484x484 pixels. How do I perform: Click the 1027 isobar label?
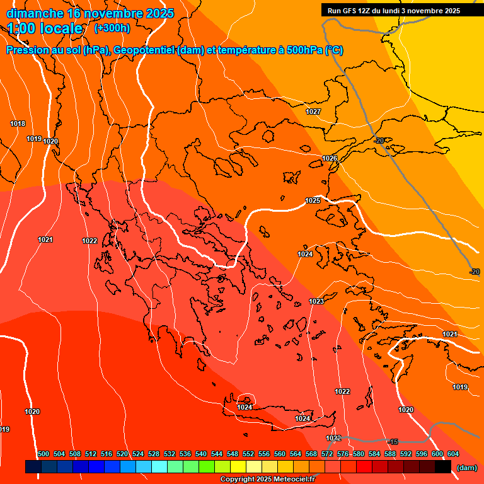point(313,112)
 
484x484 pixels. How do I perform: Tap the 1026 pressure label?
point(330,158)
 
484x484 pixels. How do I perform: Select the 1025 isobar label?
point(313,200)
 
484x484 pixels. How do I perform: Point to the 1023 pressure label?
point(316,302)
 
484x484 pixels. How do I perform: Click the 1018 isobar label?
point(18,124)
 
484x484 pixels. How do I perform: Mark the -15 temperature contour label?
point(393,441)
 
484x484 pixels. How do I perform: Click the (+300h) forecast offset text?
point(112,28)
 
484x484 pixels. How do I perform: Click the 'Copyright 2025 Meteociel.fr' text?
point(267,480)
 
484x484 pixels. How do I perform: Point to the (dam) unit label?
point(466,468)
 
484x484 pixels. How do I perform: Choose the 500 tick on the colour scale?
point(43,454)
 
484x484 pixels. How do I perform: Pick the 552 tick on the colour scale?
point(248,454)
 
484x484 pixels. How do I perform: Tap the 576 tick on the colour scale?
point(343,454)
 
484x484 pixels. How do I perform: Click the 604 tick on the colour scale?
point(452,454)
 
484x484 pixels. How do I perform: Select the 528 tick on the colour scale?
point(154,454)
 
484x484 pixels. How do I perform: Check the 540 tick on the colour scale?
point(201,454)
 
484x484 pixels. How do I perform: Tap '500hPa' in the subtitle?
point(305,50)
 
